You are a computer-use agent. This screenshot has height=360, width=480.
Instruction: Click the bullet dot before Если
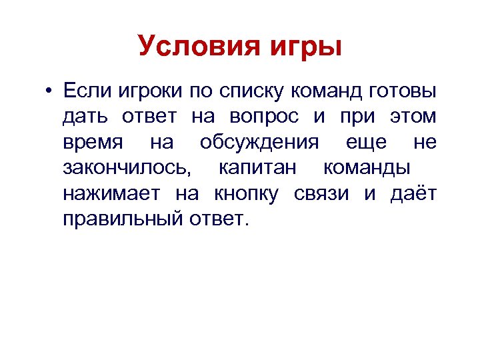coord(49,91)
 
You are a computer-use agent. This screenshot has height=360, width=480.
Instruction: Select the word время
coord(91,142)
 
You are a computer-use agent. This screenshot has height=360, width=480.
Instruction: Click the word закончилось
coord(127,168)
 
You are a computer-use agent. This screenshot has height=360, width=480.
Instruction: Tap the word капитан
coord(257,168)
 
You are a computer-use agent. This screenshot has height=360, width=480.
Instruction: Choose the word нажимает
coord(111,194)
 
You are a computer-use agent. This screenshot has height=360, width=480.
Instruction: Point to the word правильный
coord(120,220)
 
